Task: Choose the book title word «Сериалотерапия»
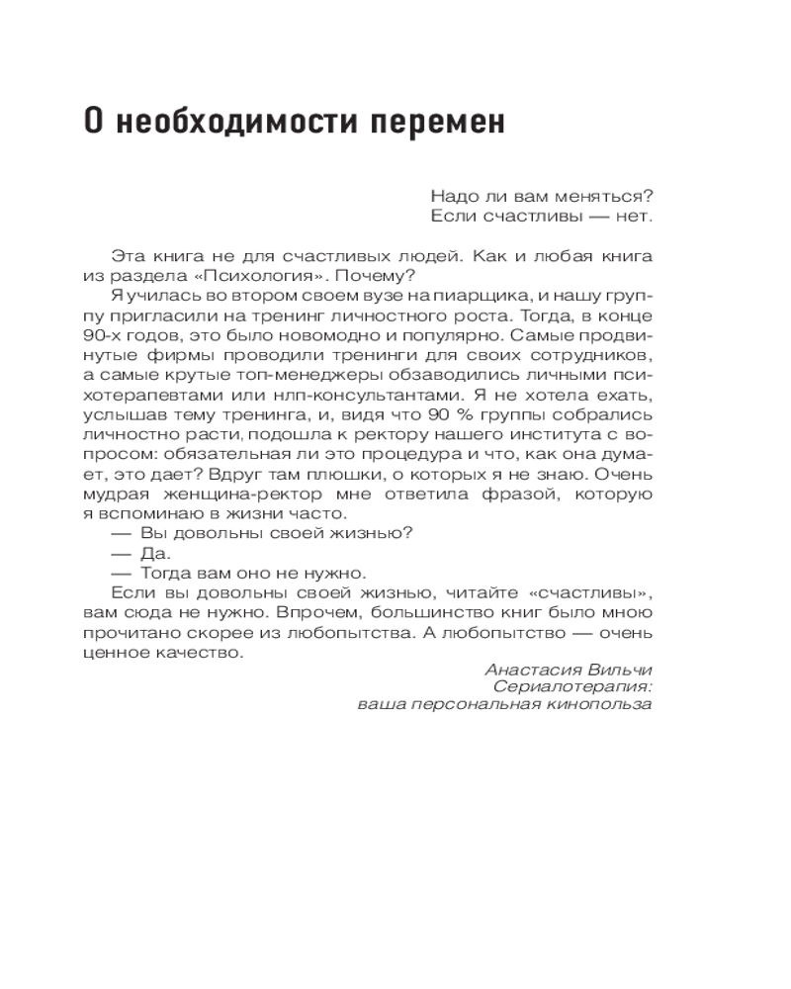pos(572,686)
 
